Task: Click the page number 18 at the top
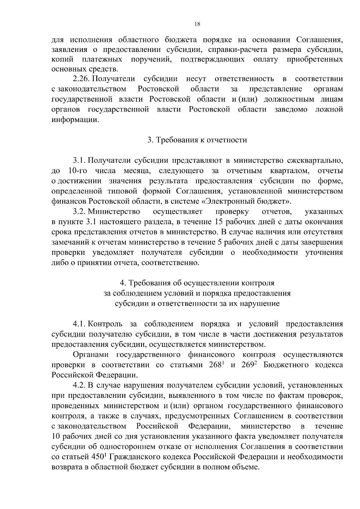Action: pyautogui.click(x=197, y=24)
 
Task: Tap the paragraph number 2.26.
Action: pyautogui.click(x=82, y=79)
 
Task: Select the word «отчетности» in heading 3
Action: pyautogui.click(x=230, y=140)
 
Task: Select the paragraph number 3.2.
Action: pyautogui.click(x=79, y=212)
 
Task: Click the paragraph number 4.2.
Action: pyautogui.click(x=79, y=385)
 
